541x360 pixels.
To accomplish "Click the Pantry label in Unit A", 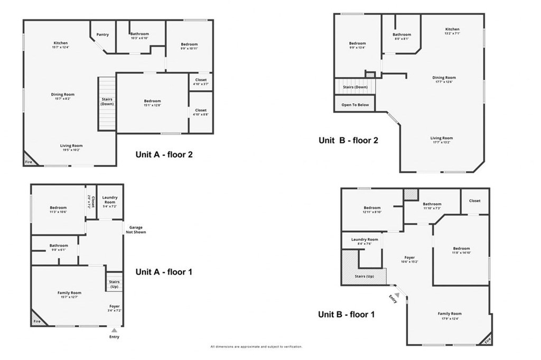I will coord(102,35).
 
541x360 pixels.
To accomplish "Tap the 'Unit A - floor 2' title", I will coord(165,155).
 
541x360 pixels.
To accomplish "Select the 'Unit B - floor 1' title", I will coord(346,314).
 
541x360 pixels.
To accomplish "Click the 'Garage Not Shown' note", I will coord(136,230).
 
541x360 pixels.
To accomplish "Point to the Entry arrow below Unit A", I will coord(114,330).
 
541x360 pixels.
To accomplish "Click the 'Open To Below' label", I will coord(355,105).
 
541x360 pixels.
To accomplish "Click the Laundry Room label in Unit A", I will coord(109,200).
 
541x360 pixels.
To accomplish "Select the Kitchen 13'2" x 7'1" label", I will coord(452,31).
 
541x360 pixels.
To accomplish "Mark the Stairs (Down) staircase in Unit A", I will coord(107,104).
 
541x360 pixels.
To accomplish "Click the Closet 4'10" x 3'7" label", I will coord(201,82).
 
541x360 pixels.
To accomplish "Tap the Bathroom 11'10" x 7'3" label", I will coord(432,206).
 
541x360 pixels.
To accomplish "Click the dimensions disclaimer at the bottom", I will coord(256,347).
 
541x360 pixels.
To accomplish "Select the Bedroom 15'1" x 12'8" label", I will coord(152,103).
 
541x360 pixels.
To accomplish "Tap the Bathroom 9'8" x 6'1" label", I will coord(59,247).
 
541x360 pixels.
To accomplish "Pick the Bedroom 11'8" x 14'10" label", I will coord(461,251).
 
